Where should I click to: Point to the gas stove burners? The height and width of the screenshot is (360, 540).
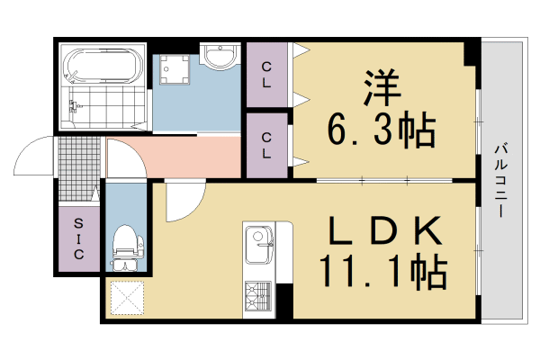[259, 296]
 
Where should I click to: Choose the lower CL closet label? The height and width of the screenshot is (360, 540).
[267, 144]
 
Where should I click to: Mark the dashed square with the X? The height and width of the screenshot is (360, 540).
[127, 298]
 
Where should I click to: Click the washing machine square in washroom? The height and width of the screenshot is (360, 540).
[174, 70]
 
